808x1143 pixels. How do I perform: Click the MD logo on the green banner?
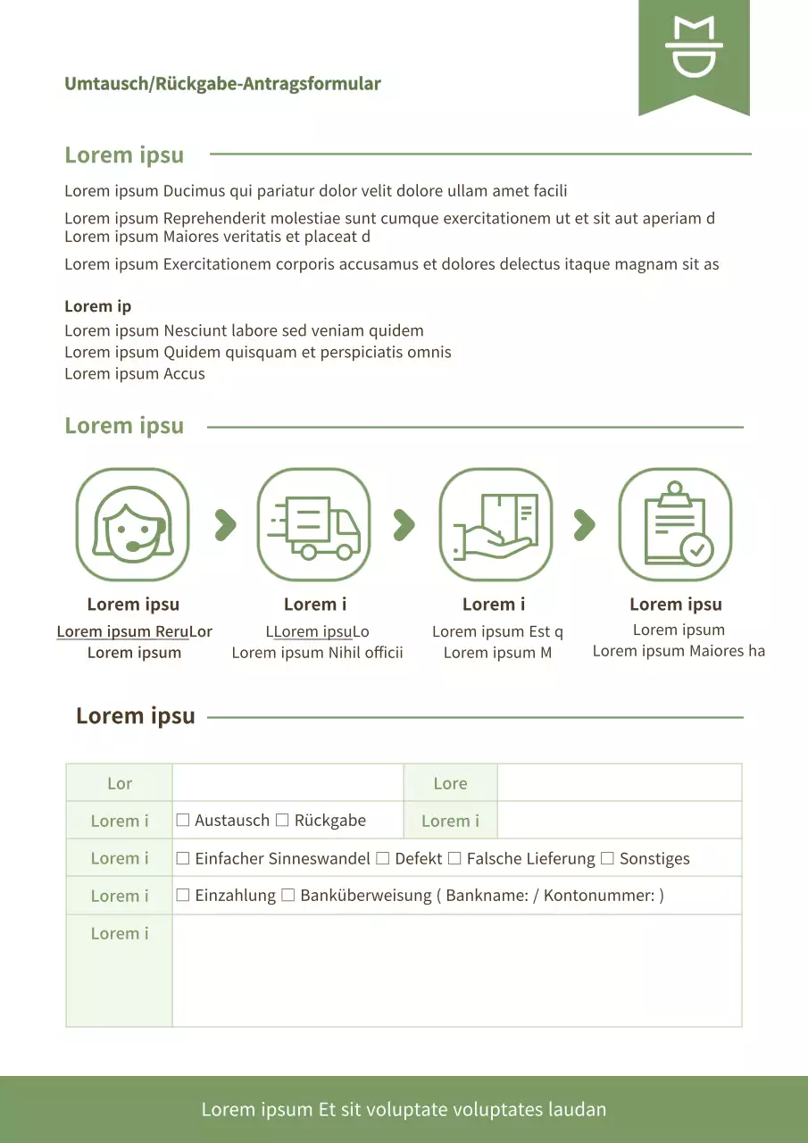[x=694, y=46]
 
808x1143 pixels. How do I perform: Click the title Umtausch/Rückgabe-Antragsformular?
[x=222, y=84]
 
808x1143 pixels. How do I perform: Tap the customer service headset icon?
[x=132, y=525]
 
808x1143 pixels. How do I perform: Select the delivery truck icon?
[x=313, y=525]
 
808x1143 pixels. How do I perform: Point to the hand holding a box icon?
[x=496, y=525]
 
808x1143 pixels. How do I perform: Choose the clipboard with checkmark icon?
[x=675, y=525]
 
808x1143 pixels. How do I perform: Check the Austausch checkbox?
[x=183, y=820]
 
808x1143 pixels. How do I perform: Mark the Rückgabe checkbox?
[x=282, y=820]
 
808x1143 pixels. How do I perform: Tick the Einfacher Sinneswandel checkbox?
[x=183, y=858]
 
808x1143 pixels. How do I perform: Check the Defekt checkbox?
[x=383, y=858]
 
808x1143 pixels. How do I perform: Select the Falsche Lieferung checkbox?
[x=454, y=858]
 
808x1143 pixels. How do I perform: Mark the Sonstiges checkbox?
[x=607, y=858]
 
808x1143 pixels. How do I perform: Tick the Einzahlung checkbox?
[x=183, y=895]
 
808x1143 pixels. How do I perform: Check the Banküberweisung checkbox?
[x=287, y=895]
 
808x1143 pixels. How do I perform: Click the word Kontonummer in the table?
[x=597, y=896]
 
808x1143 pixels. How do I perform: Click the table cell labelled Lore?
[x=450, y=783]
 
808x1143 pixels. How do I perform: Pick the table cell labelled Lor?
[x=120, y=783]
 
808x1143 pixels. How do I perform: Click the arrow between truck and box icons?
[x=404, y=525]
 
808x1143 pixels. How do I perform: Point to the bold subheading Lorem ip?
[x=97, y=306]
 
